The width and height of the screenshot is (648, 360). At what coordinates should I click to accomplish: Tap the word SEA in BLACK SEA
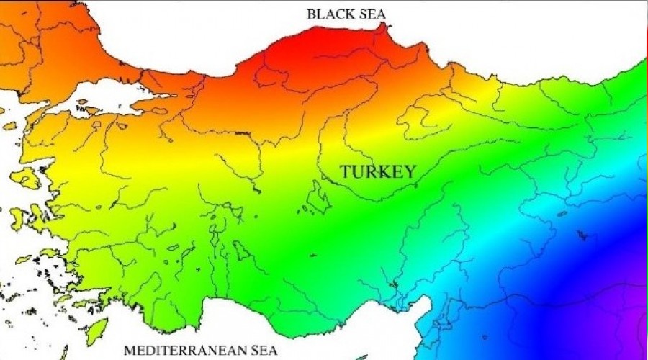click(x=372, y=14)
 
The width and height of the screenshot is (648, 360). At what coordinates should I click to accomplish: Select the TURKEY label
click(x=378, y=171)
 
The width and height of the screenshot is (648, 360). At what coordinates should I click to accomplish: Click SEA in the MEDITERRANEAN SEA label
click(x=261, y=351)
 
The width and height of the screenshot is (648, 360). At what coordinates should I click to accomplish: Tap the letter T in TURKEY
click(x=345, y=171)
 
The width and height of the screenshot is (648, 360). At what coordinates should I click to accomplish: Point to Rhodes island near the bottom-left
click(x=96, y=330)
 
